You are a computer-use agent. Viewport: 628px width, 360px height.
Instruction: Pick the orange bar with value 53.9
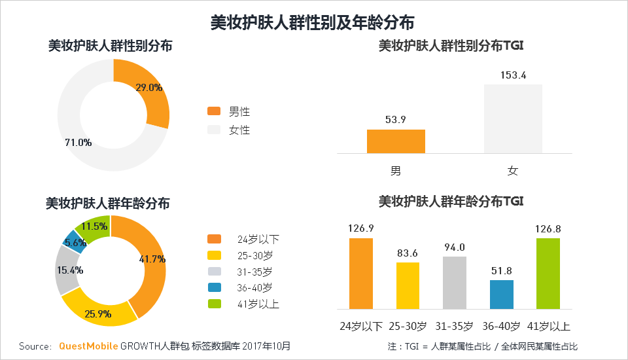coord(396,141)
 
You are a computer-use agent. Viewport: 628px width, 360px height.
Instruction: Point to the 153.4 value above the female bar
coord(513,75)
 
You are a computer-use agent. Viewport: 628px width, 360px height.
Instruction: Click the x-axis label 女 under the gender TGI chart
coord(513,171)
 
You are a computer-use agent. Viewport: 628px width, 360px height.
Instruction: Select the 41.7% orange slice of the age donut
coord(147,262)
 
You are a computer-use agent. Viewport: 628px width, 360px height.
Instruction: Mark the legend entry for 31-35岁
coord(248,271)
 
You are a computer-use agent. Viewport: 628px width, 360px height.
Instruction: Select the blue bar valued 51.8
coord(501,294)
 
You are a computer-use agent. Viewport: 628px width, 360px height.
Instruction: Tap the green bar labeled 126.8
coord(548,273)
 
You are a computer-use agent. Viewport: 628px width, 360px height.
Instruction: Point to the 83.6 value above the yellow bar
coord(407,253)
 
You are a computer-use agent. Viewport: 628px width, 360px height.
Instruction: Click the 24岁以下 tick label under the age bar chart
coord(360,326)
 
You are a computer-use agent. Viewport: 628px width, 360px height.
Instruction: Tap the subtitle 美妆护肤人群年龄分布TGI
coord(451,201)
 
